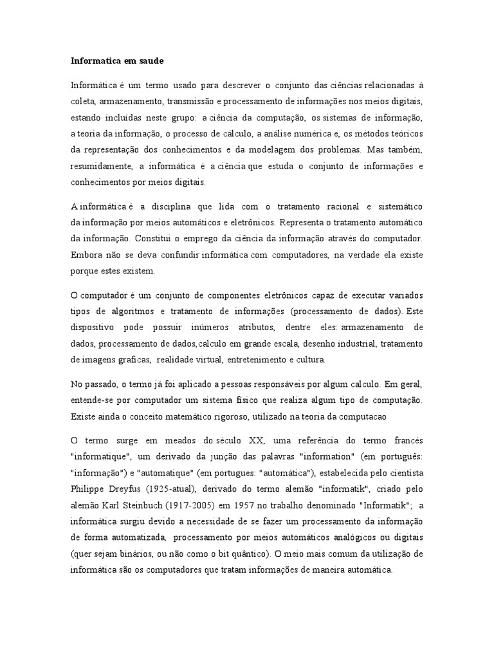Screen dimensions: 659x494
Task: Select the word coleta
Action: coord(83,101)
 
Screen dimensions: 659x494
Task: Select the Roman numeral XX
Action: coord(257,440)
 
